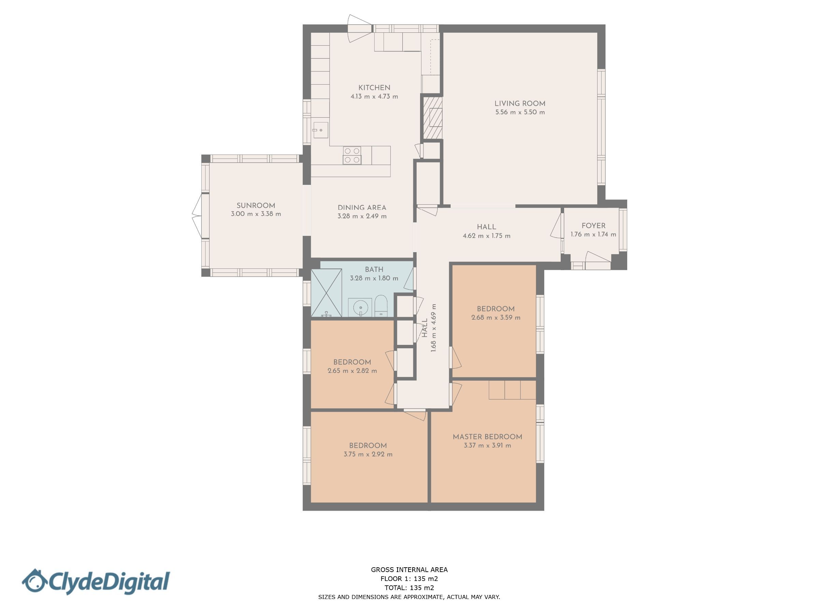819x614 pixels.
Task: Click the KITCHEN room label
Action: tap(374, 88)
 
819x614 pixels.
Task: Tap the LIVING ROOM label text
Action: tap(520, 104)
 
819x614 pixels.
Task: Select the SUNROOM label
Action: tap(256, 205)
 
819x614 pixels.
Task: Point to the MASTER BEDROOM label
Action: tap(487, 437)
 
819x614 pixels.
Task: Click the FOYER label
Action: tap(593, 226)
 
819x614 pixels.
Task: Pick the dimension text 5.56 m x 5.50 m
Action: tap(520, 112)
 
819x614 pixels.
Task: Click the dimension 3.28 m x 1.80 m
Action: tap(374, 278)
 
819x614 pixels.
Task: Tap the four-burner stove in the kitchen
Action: tap(352, 156)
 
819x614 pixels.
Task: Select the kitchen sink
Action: tap(321, 130)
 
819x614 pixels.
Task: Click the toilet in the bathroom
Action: tap(380, 306)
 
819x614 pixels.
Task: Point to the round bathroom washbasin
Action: tap(360, 308)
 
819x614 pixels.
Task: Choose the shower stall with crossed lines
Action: tap(326, 293)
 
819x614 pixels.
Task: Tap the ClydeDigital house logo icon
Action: tap(34, 582)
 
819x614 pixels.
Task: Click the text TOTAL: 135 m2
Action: tap(409, 588)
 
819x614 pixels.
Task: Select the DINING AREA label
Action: tap(362, 208)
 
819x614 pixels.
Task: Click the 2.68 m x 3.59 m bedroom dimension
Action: tap(496, 317)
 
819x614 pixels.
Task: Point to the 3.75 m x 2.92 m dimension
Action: tap(368, 454)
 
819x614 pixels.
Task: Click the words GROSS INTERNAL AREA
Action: tap(409, 570)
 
